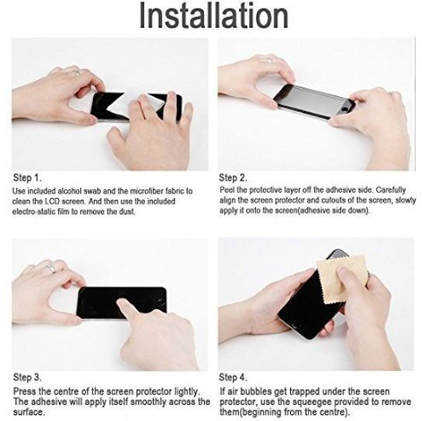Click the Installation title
(214, 15)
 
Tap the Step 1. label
(27, 178)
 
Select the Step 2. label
(233, 178)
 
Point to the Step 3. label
(27, 377)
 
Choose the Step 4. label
(233, 377)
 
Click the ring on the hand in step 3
(51, 268)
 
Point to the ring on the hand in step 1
(76, 72)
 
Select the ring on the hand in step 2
(269, 60)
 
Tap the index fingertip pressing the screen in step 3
(120, 303)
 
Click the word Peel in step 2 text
(227, 190)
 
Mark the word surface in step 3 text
(28, 412)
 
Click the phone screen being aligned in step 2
(314, 101)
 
